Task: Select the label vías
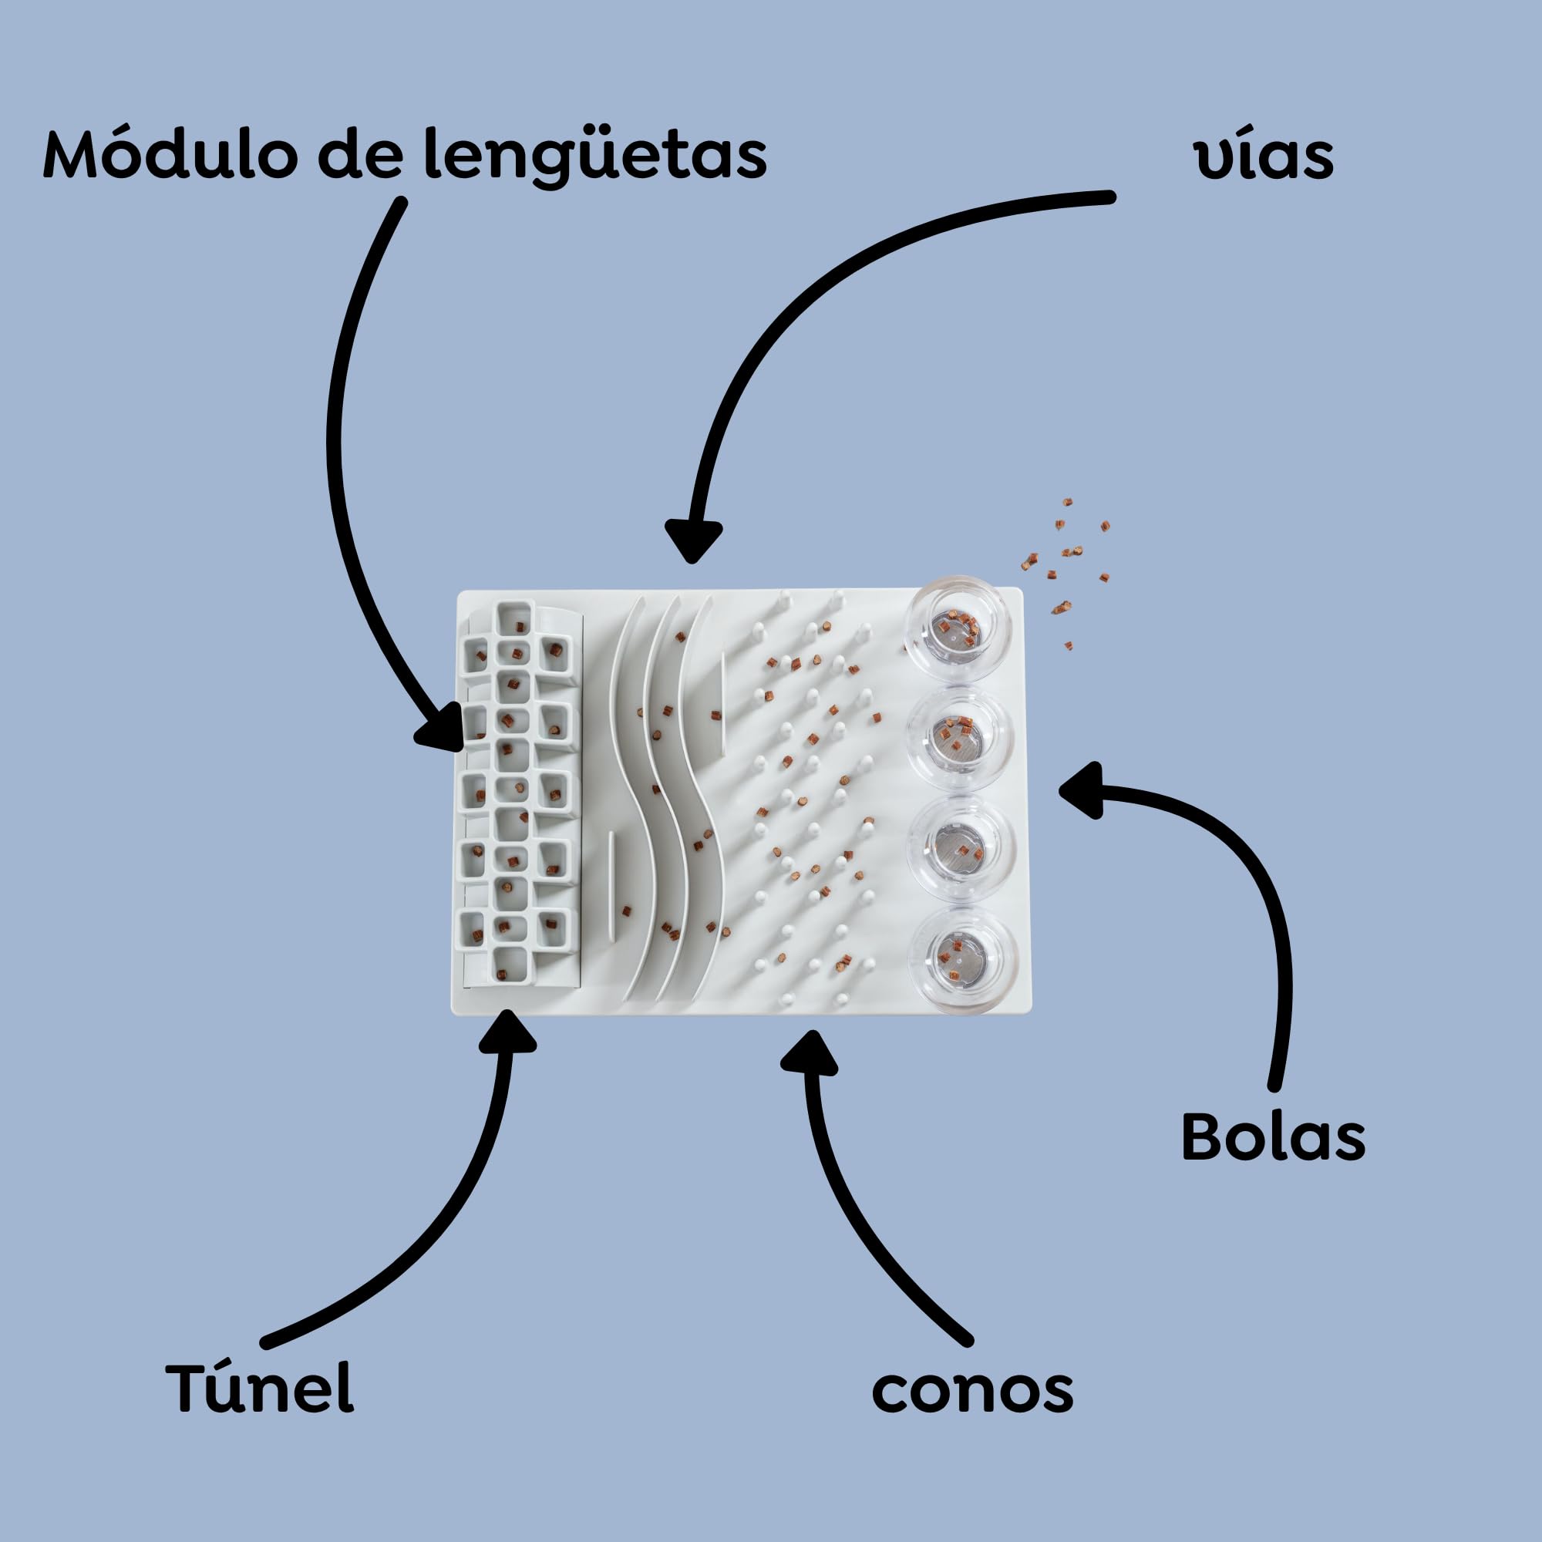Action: coord(1264,157)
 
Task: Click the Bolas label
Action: coord(1274,1136)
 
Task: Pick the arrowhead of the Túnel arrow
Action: coord(507,1031)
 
